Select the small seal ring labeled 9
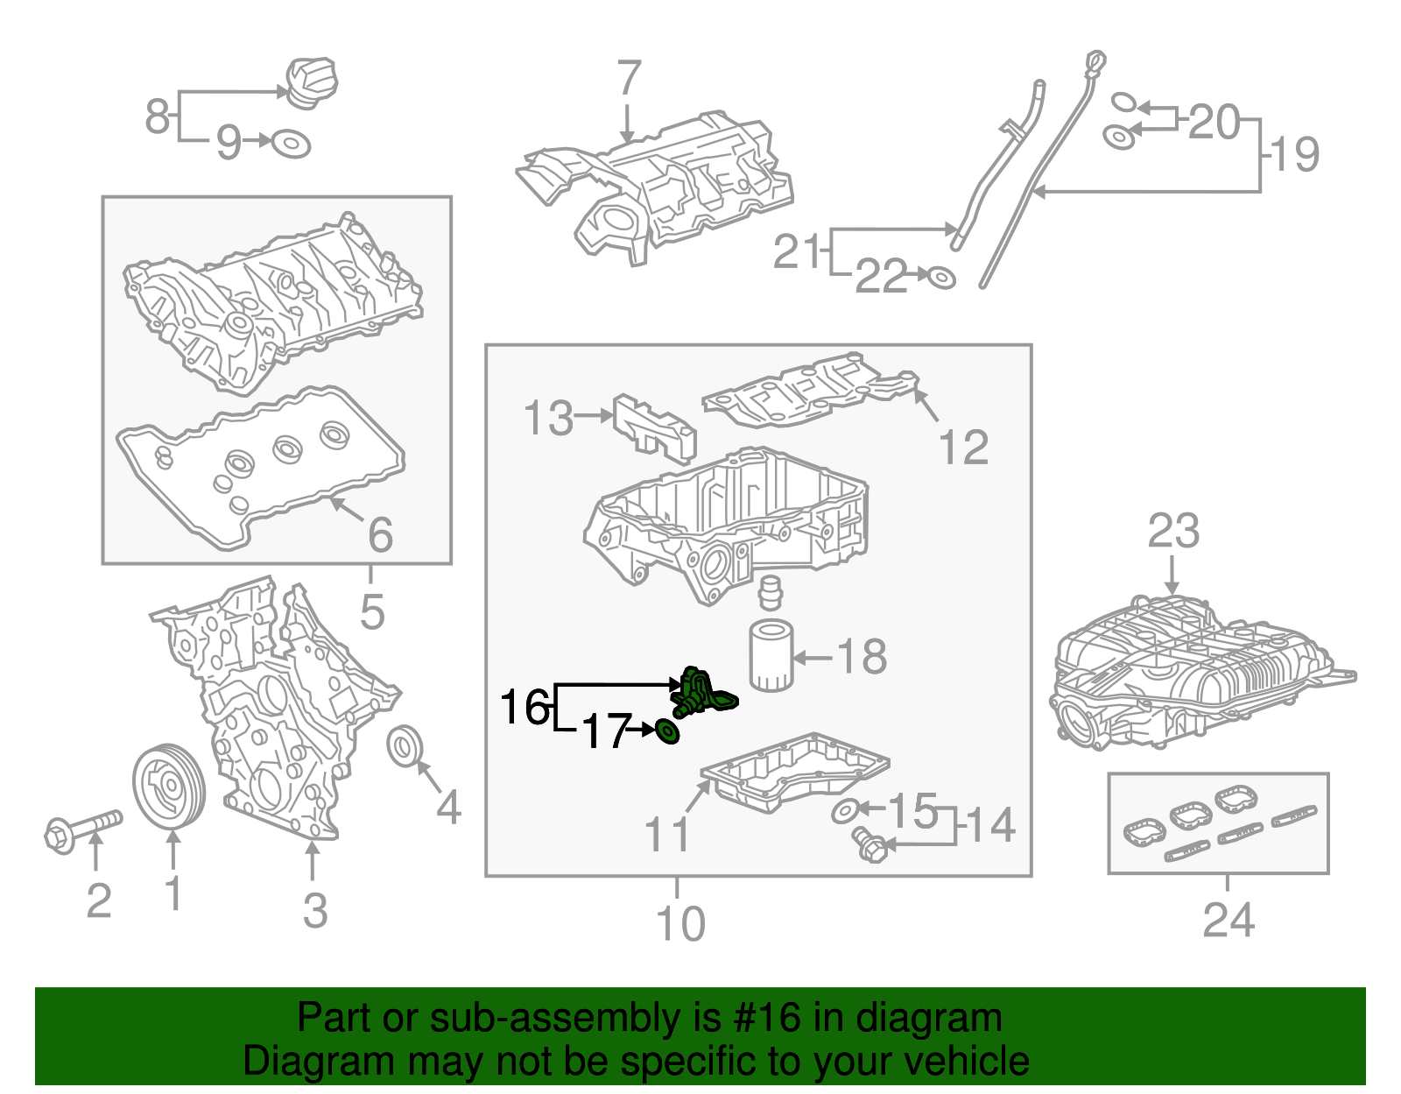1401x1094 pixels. tap(291, 143)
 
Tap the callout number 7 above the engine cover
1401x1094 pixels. tap(629, 79)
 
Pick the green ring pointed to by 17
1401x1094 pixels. tap(668, 731)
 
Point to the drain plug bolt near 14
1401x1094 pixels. tap(869, 843)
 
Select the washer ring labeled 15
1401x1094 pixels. tap(844, 810)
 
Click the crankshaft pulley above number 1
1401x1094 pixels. tap(168, 785)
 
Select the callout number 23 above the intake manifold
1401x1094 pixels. tap(1173, 531)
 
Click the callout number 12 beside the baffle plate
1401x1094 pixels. tap(963, 448)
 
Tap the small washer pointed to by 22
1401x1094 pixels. tap(941, 278)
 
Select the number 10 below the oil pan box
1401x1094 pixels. tap(680, 923)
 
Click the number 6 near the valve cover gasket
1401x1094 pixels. tap(380, 534)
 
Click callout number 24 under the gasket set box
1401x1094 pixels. tap(1229, 920)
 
